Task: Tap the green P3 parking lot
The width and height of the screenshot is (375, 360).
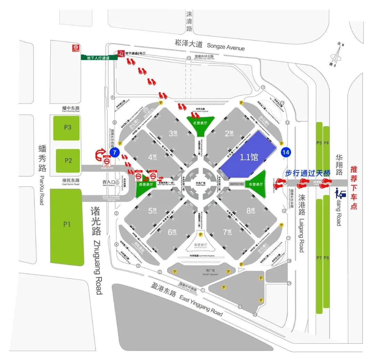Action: [68, 128]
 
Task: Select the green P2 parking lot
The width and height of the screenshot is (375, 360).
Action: [68, 161]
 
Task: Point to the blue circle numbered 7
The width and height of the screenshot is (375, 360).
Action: [114, 152]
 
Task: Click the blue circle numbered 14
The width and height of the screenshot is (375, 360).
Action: [286, 152]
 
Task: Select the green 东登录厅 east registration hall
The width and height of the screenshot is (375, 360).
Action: [257, 184]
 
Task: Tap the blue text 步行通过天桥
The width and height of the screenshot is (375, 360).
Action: [308, 173]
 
